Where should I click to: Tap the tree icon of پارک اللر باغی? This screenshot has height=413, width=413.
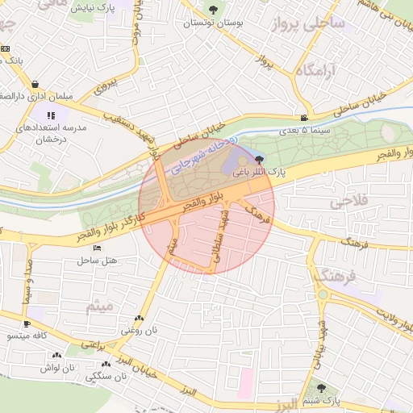point(257,160)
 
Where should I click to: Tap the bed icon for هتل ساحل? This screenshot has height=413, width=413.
point(98,248)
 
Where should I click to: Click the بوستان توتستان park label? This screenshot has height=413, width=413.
point(212,23)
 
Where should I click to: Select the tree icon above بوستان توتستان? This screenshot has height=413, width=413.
point(213,10)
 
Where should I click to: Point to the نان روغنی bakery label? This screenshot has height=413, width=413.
point(137,330)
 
